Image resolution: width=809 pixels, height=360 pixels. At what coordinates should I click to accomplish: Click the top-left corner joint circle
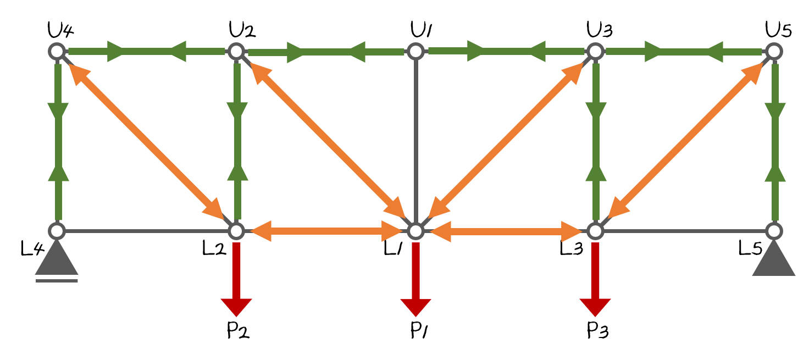[57, 51]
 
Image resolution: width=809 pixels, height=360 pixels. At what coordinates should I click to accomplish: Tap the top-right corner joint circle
[774, 51]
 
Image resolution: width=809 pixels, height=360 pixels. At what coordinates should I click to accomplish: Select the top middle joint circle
[415, 51]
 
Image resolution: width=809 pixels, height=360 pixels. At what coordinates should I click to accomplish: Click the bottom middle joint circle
[415, 231]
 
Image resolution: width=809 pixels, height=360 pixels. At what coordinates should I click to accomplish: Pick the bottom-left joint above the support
[57, 231]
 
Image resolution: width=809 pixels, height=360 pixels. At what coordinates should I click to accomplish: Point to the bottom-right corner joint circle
[774, 231]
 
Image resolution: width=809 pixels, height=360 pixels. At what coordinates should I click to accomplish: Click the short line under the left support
[57, 281]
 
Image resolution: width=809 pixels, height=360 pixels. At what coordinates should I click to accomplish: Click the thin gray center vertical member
[415, 137]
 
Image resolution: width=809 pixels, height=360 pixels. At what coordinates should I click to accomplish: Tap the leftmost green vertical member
[58, 141]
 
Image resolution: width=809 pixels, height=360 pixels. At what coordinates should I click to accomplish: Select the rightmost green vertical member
[775, 141]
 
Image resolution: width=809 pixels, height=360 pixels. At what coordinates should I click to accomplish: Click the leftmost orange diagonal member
[146, 141]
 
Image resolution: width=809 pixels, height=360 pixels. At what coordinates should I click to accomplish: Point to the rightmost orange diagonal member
[685, 141]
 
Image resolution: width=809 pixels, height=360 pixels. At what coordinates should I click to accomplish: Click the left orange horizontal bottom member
[326, 231]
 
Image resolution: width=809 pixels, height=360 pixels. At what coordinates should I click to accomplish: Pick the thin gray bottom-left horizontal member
[146, 231]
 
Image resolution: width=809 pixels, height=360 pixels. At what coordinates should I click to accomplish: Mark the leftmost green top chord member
[146, 52]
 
